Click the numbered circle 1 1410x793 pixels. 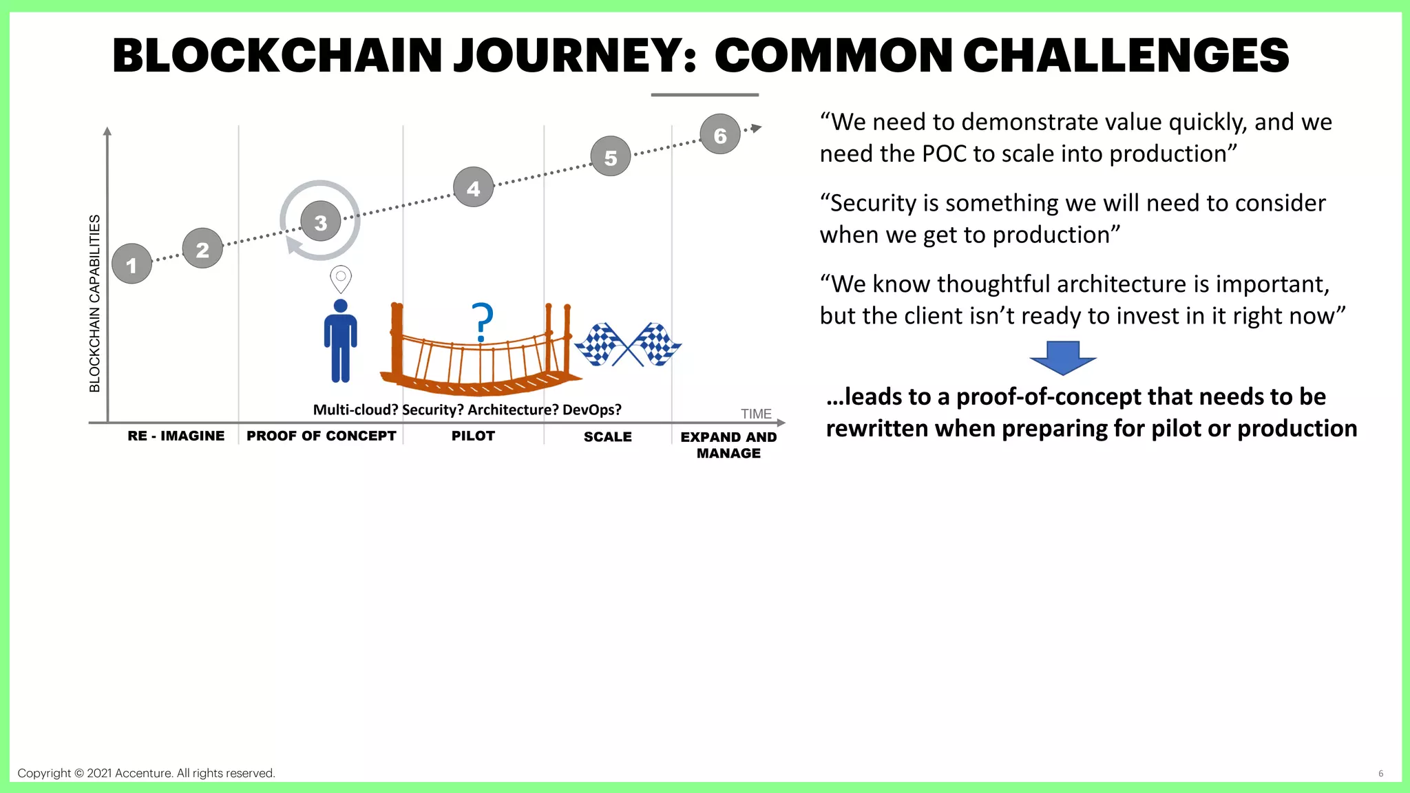pos(131,264)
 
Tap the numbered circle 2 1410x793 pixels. pos(202,249)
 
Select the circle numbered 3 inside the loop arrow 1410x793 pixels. pos(321,222)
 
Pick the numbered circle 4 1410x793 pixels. pos(474,187)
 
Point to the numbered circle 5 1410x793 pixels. pos(611,157)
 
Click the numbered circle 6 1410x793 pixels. pos(720,135)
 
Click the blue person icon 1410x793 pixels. pos(340,341)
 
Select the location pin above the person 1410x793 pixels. pos(341,279)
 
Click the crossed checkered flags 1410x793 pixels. pos(627,343)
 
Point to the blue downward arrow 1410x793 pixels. pos(1062,357)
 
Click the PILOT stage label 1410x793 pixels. pos(473,436)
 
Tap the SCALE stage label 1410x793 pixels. pos(607,436)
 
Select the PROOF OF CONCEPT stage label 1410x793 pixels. pos(321,436)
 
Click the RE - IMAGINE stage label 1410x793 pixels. pos(176,436)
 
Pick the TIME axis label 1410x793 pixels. pos(756,414)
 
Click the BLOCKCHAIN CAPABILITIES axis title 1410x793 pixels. pos(95,304)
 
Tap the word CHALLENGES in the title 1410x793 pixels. pos(1126,56)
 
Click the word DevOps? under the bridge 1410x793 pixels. pos(591,410)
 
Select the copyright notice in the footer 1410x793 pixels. pos(146,773)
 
